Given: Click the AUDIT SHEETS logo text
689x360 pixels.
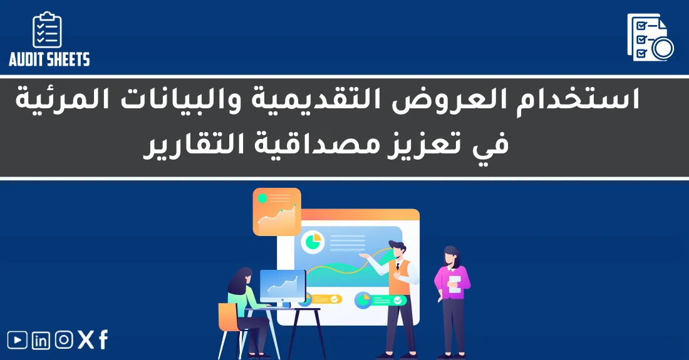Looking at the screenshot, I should point(49,59).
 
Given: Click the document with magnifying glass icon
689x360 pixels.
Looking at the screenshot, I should point(650,38).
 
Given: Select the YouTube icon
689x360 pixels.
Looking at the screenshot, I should point(18,340).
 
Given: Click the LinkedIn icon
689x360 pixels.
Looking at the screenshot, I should point(41,340).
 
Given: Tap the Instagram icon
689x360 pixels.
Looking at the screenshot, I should point(64,340).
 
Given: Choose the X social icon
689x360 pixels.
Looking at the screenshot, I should point(86,340).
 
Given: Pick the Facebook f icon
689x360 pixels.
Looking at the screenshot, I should point(103,340).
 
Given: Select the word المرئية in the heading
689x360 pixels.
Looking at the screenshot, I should point(63,100).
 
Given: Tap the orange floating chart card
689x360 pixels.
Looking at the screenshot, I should point(277,212).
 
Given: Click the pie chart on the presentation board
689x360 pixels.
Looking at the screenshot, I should point(312,240).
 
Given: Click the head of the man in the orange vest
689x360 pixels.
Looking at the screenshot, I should point(396,249).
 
